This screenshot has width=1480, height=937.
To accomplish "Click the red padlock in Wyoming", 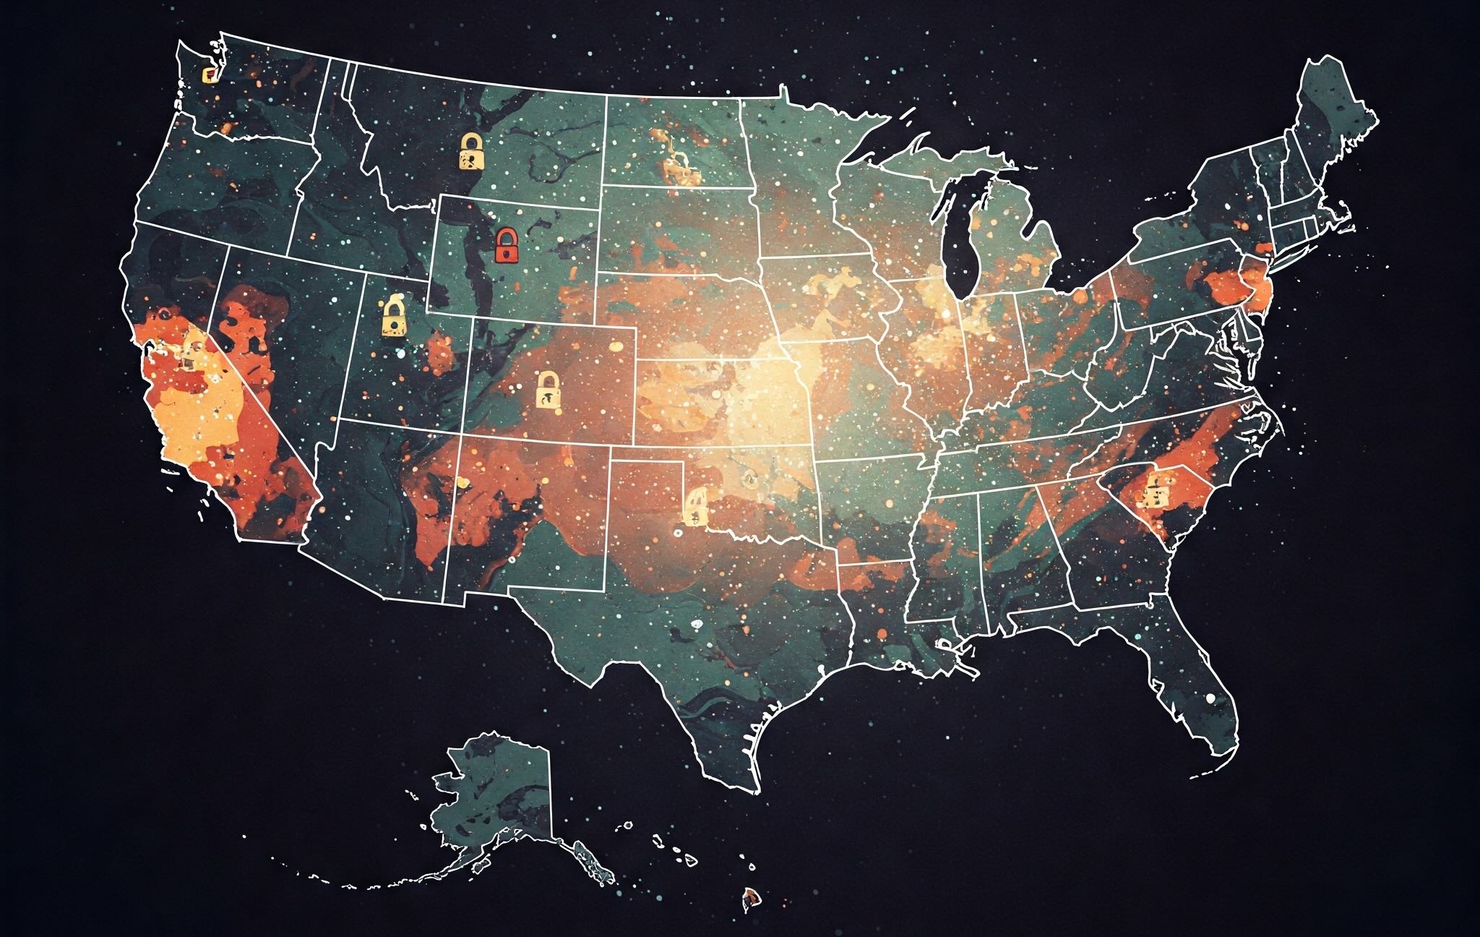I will point(507,245).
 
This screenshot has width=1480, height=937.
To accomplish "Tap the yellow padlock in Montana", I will point(470,151).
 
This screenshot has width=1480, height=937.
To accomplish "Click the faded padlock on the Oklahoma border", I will point(695,505).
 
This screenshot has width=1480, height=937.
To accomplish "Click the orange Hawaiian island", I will point(752,899).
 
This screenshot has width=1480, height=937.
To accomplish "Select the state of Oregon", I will point(217,188).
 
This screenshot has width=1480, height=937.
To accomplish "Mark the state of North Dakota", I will point(672,145).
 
